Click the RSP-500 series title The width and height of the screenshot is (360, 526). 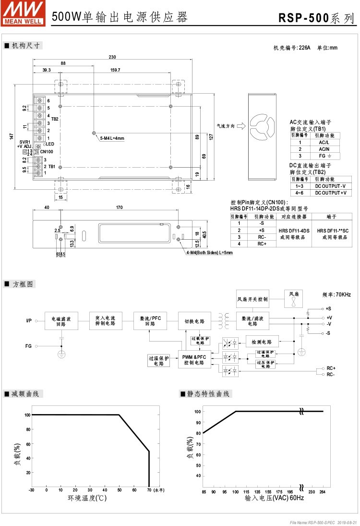(x=317, y=19)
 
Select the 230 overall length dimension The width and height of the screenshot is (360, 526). (x=112, y=57)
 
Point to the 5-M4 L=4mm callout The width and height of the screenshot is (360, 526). (x=112, y=138)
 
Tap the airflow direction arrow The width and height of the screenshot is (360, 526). (x=240, y=127)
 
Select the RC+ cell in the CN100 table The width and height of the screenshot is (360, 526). (x=262, y=244)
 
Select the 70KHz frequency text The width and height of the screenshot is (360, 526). (x=336, y=294)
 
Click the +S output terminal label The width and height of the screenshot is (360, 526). (x=328, y=308)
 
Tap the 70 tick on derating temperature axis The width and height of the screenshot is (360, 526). (x=149, y=490)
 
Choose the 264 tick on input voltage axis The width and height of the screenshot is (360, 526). (x=323, y=492)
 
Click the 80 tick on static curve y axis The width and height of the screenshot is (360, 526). (x=197, y=433)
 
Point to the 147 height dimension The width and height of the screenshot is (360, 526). (x=12, y=136)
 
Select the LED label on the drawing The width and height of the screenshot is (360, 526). (x=50, y=144)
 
